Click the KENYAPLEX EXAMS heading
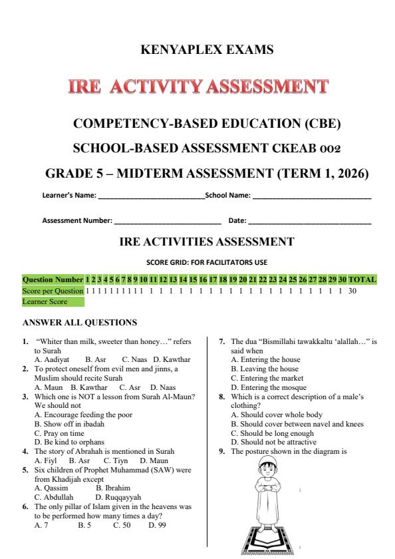(197, 49)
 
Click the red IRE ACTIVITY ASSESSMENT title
(197, 87)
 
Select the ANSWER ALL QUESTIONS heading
(80, 323)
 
